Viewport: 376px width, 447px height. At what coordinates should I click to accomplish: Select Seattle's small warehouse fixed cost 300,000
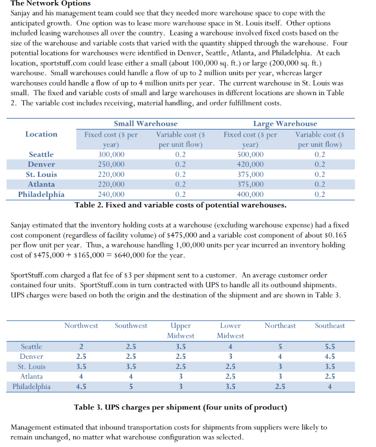111,155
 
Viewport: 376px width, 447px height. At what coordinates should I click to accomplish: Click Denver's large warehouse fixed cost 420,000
250,165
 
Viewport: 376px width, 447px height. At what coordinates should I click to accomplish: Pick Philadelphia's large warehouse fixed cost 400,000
250,195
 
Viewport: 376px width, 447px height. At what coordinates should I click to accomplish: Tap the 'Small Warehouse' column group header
145,124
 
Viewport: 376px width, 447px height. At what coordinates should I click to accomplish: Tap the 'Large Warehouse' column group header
285,124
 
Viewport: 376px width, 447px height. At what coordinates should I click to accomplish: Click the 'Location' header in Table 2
41,134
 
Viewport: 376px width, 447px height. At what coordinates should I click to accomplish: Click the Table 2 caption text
180,205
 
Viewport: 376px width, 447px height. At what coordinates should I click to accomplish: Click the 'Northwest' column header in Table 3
81,326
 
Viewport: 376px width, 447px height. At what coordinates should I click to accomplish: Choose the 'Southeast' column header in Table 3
330,326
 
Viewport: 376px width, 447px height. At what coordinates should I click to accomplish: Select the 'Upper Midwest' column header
181,330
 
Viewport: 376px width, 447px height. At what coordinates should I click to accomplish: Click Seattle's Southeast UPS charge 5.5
330,347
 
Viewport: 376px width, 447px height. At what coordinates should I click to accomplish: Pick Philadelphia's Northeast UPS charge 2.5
280,387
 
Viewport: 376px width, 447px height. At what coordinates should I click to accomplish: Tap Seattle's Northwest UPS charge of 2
81,347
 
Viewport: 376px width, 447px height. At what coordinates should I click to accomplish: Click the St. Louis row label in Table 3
32,367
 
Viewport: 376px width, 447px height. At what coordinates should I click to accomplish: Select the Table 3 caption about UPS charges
180,408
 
